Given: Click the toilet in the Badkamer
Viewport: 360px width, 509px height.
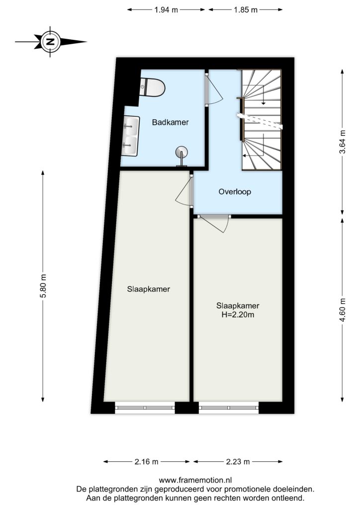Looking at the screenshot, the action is coord(152,86).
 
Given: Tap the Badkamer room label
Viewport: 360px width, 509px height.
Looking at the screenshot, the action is coord(170,122).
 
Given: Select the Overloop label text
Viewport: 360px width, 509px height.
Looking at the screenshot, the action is coord(235,191).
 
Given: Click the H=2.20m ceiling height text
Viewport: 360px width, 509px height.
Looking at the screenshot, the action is coord(238,315).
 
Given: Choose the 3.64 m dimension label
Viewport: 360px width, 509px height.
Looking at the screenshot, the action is coord(343,142).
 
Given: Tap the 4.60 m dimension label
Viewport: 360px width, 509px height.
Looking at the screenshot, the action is coord(343,310).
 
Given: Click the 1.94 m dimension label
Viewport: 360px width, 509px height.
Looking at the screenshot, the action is coord(166,10).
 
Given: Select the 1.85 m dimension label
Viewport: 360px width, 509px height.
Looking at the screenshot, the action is coord(246,10).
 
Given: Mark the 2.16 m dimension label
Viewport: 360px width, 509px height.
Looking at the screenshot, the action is coord(146,461).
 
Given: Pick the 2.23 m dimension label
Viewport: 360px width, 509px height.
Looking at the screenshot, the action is coord(238,461).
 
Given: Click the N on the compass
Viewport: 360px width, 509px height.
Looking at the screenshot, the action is coord(50,42).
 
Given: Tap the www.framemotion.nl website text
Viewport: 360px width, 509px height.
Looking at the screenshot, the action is coord(195,480).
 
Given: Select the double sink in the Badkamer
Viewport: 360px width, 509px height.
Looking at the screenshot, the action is coord(130,136).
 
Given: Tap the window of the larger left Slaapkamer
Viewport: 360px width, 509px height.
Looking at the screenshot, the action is coord(145,408).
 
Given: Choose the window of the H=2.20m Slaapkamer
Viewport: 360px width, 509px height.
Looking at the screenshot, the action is coord(229,408).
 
